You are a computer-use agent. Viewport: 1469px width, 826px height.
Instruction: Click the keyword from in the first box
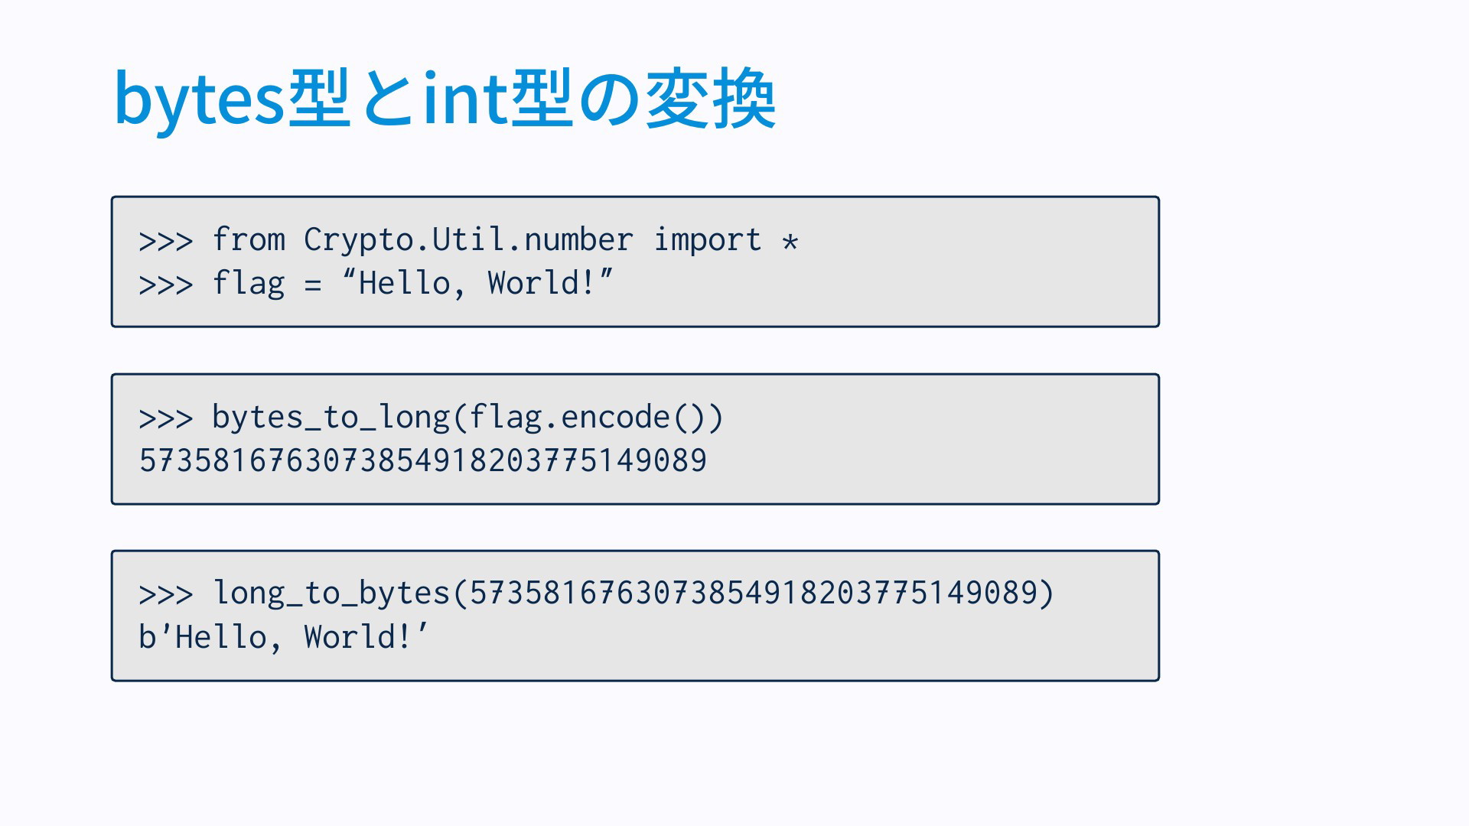coord(249,239)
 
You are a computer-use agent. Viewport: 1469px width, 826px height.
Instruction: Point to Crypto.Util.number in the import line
coord(468,240)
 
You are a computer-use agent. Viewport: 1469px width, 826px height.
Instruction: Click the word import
coord(708,240)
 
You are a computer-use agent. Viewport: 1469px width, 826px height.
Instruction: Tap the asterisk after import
coord(790,242)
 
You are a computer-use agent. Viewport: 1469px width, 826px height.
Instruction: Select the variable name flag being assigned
coord(249,283)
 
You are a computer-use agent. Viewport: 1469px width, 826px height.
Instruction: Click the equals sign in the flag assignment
coord(312,285)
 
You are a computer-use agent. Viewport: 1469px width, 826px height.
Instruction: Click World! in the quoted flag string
coord(541,283)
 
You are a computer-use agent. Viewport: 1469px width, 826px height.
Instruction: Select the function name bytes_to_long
coord(331,418)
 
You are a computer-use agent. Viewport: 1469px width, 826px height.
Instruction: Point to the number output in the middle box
coord(423,460)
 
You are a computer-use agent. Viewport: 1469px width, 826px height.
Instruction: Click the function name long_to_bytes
coord(331,593)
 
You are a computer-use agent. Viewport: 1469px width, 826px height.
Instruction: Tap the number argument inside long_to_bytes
coord(754,593)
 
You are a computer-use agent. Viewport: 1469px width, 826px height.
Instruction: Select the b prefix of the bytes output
coord(147,636)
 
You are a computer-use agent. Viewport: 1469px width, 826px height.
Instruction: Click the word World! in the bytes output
coord(357,636)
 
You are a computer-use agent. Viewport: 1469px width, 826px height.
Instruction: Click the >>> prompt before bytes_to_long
coord(166,419)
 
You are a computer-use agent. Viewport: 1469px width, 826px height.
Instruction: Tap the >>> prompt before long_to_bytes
coord(166,595)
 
